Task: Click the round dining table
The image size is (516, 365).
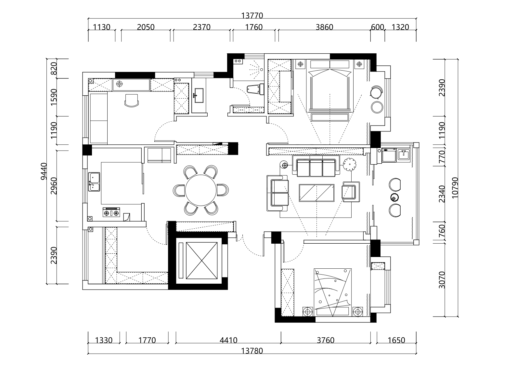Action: click(200, 190)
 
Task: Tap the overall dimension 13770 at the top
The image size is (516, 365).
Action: click(252, 15)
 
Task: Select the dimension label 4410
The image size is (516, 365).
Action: click(228, 340)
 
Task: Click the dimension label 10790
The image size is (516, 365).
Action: click(455, 188)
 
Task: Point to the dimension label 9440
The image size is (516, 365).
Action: click(44, 171)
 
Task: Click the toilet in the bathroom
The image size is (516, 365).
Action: click(255, 89)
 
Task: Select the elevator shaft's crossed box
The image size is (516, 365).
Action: click(201, 260)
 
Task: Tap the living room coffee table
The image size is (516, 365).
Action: click(316, 193)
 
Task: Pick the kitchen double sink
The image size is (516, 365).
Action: click(94, 182)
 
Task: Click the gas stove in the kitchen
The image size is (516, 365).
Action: click(111, 212)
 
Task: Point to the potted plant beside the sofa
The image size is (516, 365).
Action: click(349, 164)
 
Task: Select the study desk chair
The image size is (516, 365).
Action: click(132, 100)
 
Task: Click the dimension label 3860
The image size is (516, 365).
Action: click(324, 27)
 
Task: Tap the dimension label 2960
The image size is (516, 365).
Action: click(54, 186)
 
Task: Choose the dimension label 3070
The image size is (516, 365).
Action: click(442, 280)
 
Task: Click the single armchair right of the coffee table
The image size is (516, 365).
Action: click(351, 192)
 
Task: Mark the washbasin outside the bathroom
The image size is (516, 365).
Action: click(199, 95)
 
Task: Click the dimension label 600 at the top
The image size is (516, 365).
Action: click(377, 27)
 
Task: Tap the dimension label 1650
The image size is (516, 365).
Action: click(396, 340)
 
